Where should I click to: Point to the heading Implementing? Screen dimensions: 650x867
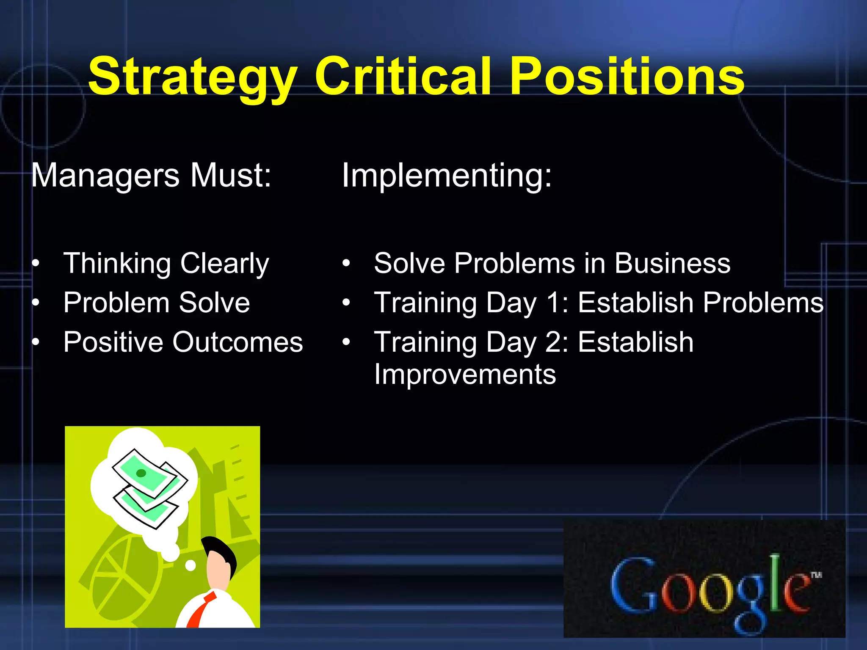[x=447, y=175]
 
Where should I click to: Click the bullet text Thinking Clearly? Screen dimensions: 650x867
[x=166, y=263]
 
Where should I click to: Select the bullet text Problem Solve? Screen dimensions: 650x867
[x=157, y=303]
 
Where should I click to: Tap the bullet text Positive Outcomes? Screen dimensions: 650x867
[x=183, y=342]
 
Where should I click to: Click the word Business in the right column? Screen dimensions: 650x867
[x=672, y=263]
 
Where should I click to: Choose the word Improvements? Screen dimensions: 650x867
[x=465, y=375]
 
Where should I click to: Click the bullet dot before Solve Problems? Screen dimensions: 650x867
[x=346, y=263]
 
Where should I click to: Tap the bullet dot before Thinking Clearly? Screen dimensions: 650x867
[x=36, y=263]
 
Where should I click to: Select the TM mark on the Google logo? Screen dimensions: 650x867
[x=816, y=575]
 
